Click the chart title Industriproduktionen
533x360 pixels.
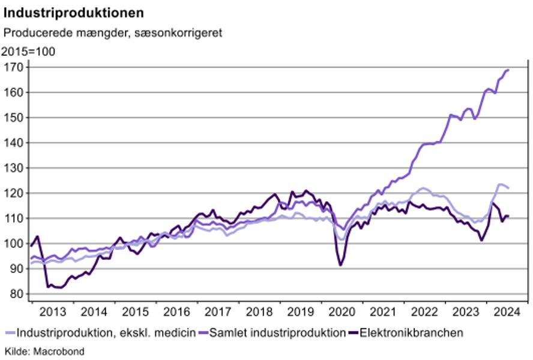[74, 12]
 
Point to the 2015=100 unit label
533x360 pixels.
[29, 52]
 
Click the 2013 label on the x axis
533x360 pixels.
[52, 312]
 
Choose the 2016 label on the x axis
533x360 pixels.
[176, 312]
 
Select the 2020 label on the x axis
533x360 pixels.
[342, 312]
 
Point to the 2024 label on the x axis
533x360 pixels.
[507, 312]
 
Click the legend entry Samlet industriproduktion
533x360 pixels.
[277, 332]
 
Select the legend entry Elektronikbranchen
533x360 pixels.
[411, 332]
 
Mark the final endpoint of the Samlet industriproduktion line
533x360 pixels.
[508, 70]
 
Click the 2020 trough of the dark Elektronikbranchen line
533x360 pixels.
[341, 265]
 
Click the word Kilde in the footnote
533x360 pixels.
[16, 351]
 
